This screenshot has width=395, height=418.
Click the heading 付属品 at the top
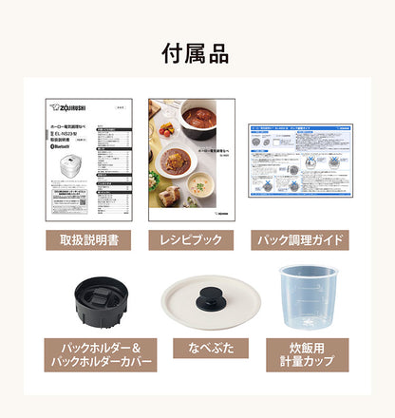pyautogui.click(x=197, y=54)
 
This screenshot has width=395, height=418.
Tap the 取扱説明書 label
pyautogui.click(x=88, y=239)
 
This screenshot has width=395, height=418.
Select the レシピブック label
pyautogui.click(x=197, y=239)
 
